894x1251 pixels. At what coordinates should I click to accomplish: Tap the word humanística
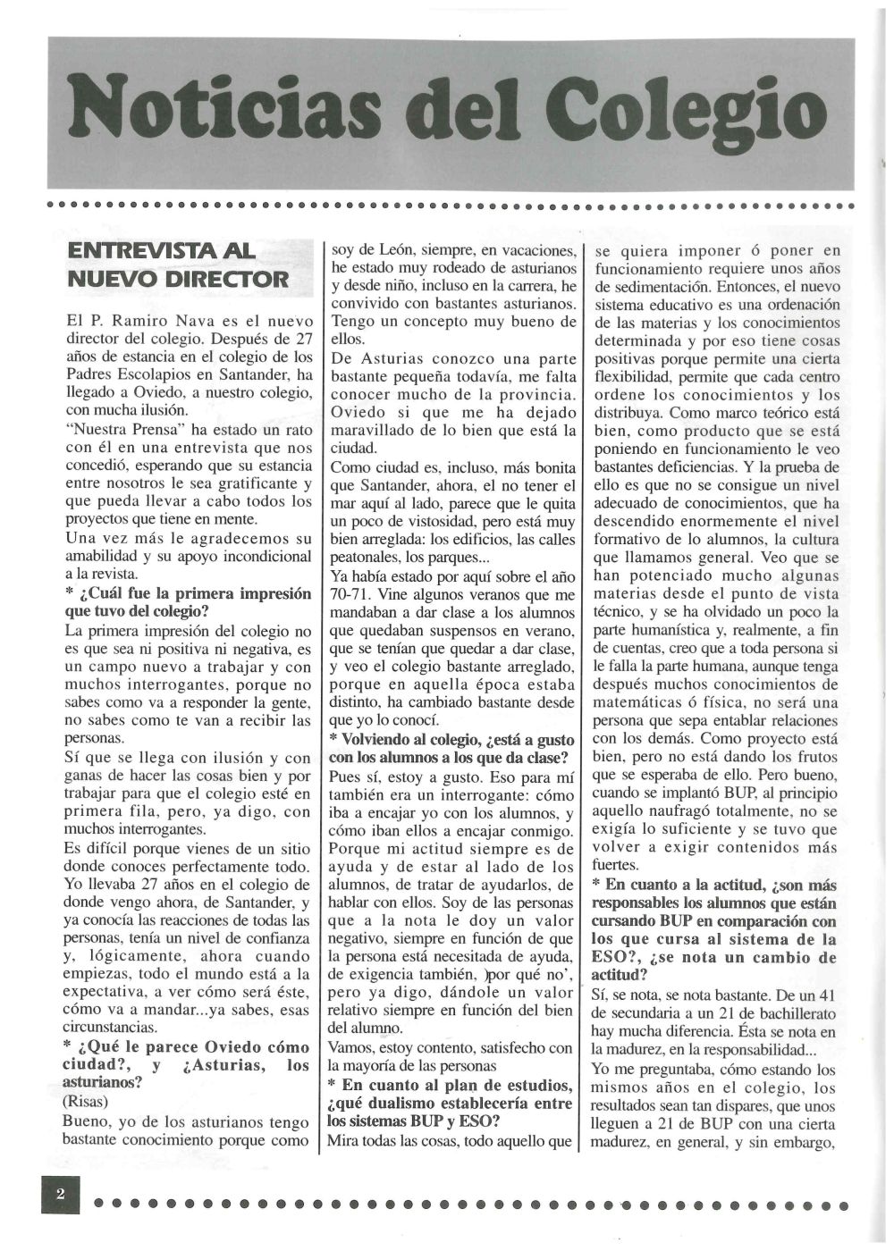(657, 629)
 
